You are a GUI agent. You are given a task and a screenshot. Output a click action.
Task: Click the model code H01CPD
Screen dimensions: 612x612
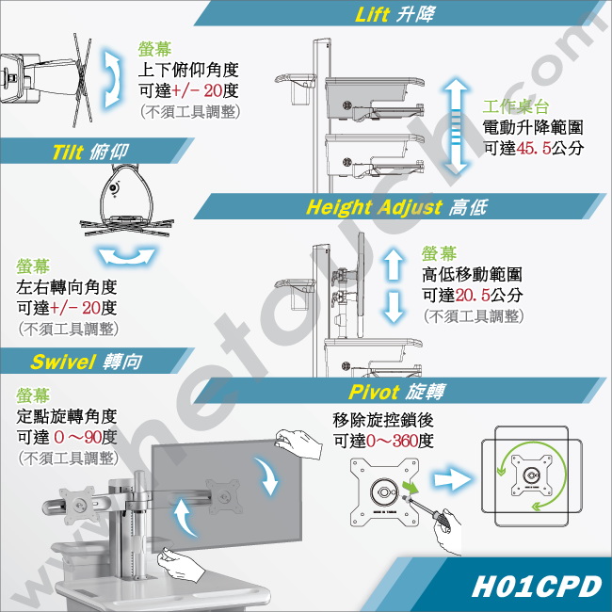(537, 587)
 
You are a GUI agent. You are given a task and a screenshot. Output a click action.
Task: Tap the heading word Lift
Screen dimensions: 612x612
(372, 15)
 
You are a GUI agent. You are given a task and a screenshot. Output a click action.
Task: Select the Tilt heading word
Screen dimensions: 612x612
(69, 152)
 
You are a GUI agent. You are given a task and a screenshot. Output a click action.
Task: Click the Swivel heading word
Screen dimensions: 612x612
(63, 362)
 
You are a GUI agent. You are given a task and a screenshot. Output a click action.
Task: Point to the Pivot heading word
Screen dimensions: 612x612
(374, 392)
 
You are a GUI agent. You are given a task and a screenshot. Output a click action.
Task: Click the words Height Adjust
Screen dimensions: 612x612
(374, 207)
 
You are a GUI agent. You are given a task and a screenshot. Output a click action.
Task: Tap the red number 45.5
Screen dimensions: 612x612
(534, 148)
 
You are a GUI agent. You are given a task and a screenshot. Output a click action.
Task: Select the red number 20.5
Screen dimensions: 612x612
(473, 295)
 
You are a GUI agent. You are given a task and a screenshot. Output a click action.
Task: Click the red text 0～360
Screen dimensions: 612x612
(392, 441)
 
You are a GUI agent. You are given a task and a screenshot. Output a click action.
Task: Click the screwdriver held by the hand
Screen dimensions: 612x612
(426, 508)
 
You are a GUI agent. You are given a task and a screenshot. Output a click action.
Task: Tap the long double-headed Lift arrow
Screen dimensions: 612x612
(456, 125)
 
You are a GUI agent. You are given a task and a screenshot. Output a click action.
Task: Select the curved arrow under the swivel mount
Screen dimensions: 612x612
(126, 256)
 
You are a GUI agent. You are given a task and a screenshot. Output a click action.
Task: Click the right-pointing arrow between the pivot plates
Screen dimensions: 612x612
(452, 479)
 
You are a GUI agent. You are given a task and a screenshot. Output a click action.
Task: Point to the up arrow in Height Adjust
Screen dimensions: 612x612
(394, 265)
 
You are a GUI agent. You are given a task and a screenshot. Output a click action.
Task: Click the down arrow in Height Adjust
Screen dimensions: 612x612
(394, 307)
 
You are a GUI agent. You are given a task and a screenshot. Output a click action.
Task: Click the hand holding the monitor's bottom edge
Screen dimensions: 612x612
(181, 564)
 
